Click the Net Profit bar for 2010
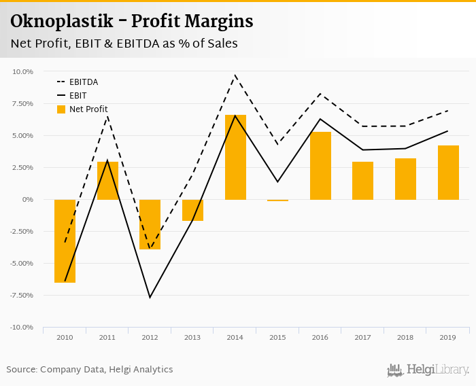click(x=65, y=241)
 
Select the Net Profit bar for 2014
click(x=235, y=157)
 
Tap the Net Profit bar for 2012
click(x=150, y=224)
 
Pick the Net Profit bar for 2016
click(x=320, y=165)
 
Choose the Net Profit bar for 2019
click(x=448, y=172)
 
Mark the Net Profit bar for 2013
click(x=192, y=210)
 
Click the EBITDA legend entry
click(x=84, y=82)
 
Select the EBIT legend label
click(x=78, y=96)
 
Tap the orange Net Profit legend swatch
click(x=61, y=109)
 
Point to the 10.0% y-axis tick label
click(x=22, y=71)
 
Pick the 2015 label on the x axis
click(x=277, y=338)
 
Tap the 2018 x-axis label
click(x=405, y=338)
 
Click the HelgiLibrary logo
click(x=428, y=370)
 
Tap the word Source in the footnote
click(x=22, y=370)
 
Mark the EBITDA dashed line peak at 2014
click(x=235, y=75)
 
